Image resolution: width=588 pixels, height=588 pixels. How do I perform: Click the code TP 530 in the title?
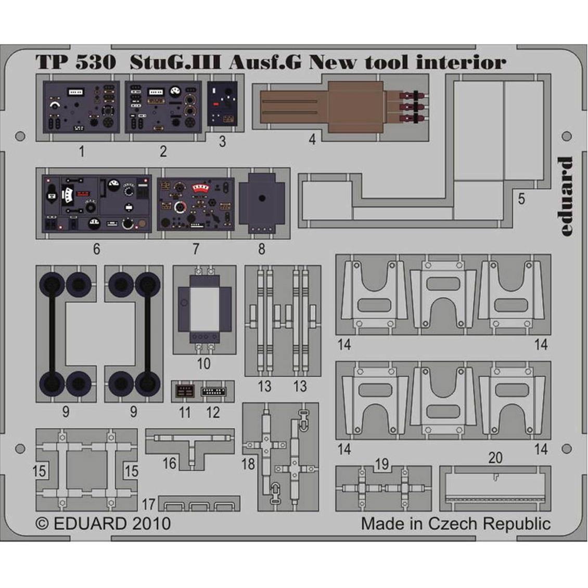tap(76, 62)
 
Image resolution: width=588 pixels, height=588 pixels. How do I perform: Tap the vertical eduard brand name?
tap(565, 197)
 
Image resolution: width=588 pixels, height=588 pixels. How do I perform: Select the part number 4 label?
tap(312, 139)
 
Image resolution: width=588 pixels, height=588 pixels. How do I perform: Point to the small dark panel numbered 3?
tap(222, 104)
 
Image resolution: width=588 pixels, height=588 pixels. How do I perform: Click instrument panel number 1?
tap(81, 107)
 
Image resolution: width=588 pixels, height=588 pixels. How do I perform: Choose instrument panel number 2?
tap(163, 107)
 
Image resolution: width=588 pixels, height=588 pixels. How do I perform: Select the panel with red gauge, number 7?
tap(196, 204)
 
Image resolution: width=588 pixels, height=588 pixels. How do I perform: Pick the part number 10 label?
tap(203, 363)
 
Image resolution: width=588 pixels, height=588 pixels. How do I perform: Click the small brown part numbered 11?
tap(185, 392)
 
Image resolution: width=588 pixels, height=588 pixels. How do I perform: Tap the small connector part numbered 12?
tap(213, 391)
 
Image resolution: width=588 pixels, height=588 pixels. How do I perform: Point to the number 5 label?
tap(521, 199)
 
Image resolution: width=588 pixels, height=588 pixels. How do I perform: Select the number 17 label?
tap(148, 504)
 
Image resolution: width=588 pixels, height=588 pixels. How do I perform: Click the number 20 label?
tap(495, 457)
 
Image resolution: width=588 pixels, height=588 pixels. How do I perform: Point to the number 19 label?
tap(382, 464)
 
